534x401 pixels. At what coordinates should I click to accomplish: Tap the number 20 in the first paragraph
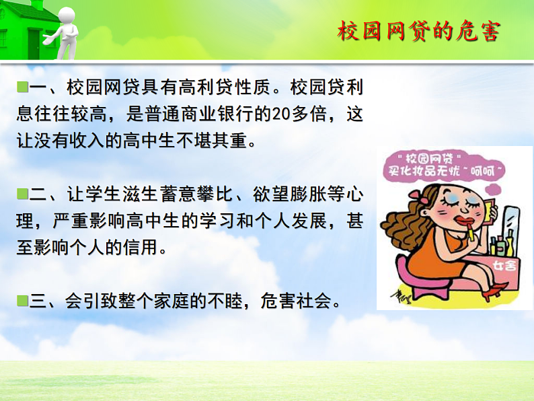coord(280,114)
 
